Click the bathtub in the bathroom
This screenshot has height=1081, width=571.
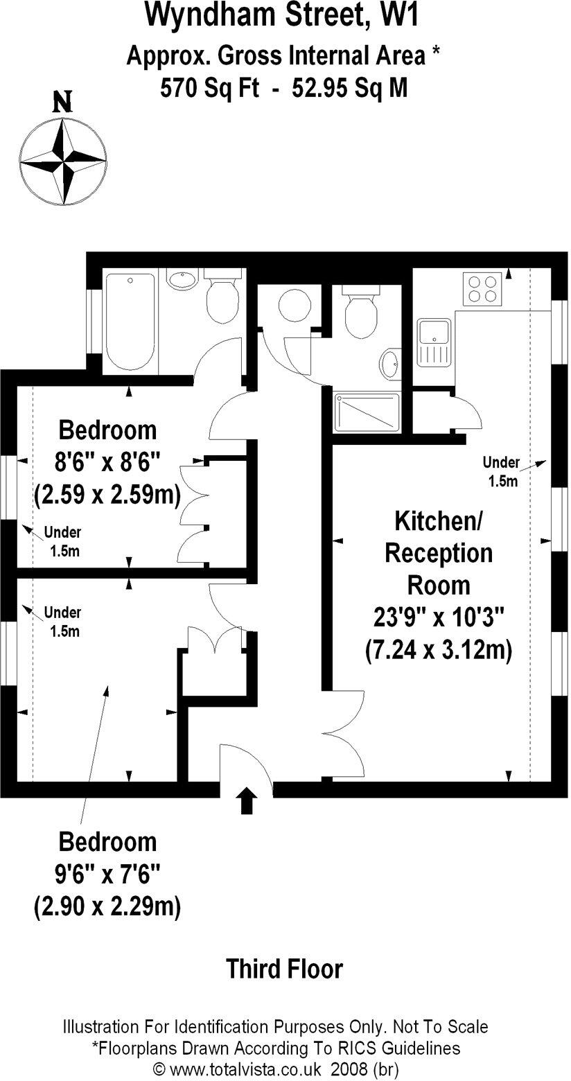(x=130, y=322)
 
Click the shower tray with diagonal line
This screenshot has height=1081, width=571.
(x=367, y=412)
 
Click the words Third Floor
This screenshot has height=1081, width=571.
(x=285, y=968)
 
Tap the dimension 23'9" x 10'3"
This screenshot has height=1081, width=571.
(x=438, y=617)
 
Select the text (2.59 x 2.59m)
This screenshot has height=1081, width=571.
(x=107, y=495)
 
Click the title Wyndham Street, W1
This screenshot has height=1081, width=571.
(x=283, y=15)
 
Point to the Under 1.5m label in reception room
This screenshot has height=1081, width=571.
(x=500, y=471)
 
